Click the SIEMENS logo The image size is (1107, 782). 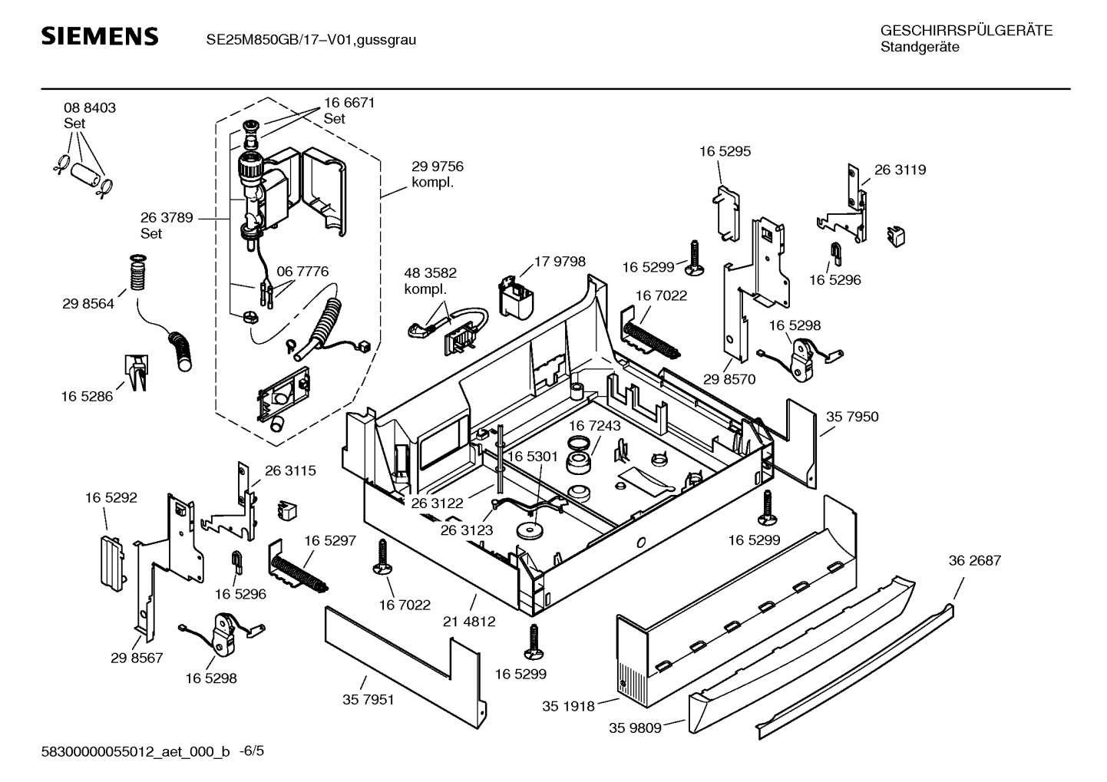99,37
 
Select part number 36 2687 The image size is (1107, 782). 974,561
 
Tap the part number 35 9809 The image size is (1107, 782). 635,728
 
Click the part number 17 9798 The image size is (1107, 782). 559,262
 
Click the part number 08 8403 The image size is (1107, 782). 90,108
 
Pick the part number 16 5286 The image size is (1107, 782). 87,397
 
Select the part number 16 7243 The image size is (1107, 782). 595,425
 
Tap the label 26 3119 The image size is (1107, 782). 900,170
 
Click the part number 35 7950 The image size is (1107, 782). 852,417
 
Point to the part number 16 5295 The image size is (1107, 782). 725,152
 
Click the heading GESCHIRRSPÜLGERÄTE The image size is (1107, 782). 966,31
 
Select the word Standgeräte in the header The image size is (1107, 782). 919,48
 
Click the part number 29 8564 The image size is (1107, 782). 88,304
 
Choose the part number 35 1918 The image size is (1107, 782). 568,706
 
